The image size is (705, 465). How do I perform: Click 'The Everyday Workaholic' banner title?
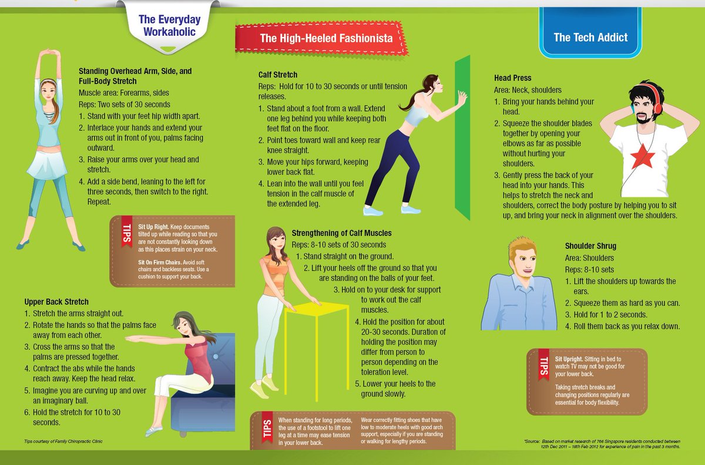[169, 26]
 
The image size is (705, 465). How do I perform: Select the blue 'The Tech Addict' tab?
[590, 37]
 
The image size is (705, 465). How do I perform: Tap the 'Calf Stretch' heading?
[278, 75]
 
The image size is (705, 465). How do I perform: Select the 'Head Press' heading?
[512, 77]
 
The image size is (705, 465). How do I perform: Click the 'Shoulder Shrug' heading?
[590, 246]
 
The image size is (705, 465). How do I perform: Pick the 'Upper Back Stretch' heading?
[56, 302]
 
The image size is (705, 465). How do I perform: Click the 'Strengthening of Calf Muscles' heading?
[341, 233]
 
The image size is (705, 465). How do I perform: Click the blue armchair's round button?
[215, 356]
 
